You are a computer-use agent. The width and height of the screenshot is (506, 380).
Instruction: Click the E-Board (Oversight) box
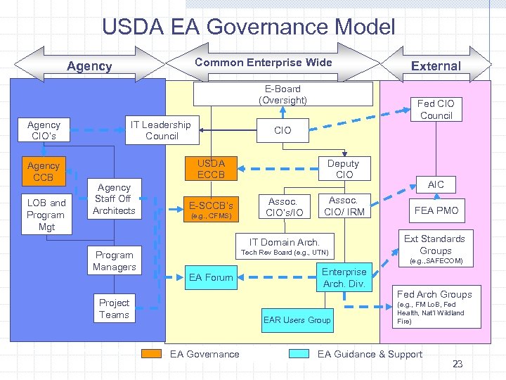[x=283, y=94]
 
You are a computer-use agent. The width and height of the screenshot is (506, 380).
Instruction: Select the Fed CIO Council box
[x=436, y=110]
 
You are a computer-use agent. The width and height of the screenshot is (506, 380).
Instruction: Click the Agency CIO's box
[x=44, y=130]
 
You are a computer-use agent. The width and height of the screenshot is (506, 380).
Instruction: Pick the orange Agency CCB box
[x=44, y=171]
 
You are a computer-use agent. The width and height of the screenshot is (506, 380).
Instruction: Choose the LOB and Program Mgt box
[x=46, y=215]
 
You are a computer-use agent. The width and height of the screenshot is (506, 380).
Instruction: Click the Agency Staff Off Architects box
[x=114, y=199]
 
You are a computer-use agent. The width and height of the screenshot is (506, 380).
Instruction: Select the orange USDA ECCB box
[x=211, y=169]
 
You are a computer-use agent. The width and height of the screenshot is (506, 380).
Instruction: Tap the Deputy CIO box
[x=344, y=169]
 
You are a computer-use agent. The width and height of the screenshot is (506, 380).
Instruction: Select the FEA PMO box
[x=436, y=210]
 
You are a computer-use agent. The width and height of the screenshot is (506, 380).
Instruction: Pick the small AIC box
[x=436, y=184]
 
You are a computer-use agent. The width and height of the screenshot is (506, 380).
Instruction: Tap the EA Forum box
[x=211, y=277]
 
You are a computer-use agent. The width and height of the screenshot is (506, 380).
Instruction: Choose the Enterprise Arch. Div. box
[x=344, y=278]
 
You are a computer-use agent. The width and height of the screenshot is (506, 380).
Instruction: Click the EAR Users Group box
[x=297, y=320]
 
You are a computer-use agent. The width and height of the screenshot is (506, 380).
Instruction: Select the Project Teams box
[x=114, y=309]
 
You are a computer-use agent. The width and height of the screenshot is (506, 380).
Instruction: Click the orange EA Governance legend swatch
[x=152, y=354]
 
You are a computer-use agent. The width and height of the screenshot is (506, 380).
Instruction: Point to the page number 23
[x=458, y=364]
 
